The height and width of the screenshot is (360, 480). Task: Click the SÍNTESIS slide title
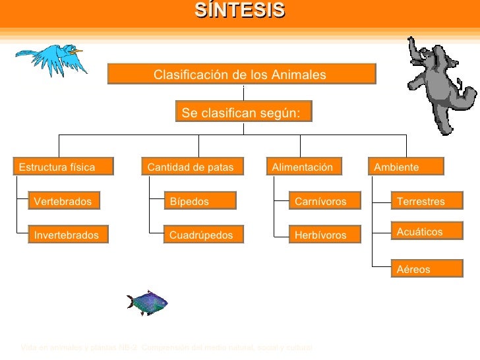(239, 11)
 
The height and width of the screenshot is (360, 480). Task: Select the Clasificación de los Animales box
(241, 75)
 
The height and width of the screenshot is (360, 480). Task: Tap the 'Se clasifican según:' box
(243, 113)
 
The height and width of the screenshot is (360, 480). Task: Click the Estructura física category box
(63, 167)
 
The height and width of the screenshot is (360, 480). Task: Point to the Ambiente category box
(406, 167)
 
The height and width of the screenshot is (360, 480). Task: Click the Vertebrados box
(63, 201)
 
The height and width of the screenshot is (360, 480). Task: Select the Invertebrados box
(67, 235)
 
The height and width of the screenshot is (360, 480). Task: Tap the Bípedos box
(200, 201)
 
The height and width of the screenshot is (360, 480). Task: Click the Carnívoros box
(326, 201)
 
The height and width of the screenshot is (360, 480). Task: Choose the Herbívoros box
(326, 235)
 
